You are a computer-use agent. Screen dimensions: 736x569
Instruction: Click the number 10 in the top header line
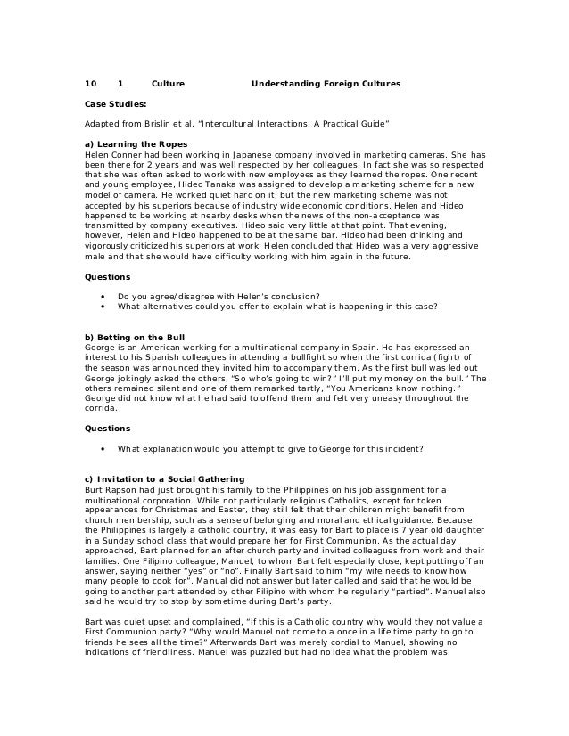click(x=89, y=84)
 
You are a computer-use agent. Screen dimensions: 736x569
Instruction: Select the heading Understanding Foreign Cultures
click(x=326, y=84)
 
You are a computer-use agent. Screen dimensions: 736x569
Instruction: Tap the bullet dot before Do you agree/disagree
click(x=104, y=296)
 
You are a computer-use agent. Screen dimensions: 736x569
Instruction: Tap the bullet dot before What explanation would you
click(x=104, y=448)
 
